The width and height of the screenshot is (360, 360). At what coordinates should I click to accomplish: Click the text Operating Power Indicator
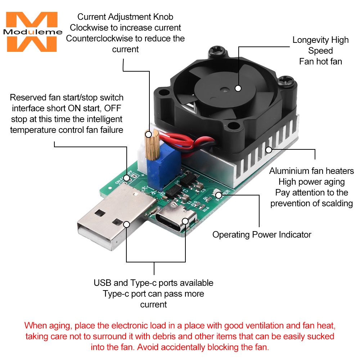(x=262, y=235)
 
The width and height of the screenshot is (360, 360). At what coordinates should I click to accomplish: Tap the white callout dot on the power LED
(x=219, y=195)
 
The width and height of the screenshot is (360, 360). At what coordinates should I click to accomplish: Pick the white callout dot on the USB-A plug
(x=126, y=224)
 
